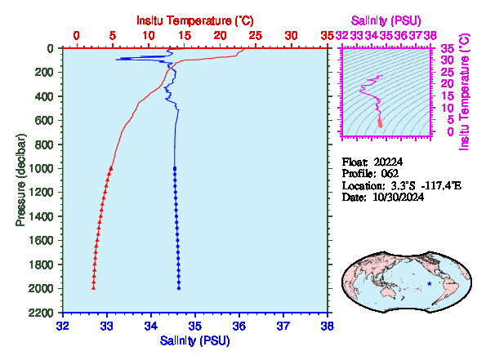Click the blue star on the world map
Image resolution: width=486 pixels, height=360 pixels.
pos(430,283)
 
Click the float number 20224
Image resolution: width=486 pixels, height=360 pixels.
pos(388,162)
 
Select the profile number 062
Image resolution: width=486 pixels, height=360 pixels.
pos(390,174)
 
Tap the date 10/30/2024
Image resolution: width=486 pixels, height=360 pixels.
pos(398,197)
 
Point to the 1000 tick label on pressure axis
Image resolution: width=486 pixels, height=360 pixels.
pos(41,168)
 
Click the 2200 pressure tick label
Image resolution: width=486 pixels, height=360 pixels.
pos(41,313)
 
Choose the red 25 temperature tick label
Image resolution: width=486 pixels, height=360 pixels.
pos(256,36)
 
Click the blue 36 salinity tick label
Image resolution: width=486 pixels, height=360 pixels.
pos(239,326)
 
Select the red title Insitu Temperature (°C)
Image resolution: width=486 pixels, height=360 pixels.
pos(195,20)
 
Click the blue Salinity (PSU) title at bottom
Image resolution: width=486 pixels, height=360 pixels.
pos(194,340)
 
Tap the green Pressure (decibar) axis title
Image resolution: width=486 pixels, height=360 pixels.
pos(20,180)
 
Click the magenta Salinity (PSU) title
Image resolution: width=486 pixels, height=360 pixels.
pos(386,20)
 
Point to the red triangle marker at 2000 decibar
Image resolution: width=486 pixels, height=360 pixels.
pos(93,288)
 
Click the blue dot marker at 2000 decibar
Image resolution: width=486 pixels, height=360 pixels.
pos(179,288)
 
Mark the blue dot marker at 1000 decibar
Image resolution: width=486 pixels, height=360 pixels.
pos(175,168)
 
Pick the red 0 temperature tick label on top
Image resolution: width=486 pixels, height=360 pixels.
pos(76,36)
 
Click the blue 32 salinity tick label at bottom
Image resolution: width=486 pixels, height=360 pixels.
pos(63,326)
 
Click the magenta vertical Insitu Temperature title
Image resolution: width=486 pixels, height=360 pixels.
pos(465,92)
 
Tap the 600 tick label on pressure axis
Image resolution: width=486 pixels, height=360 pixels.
pos(44,121)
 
